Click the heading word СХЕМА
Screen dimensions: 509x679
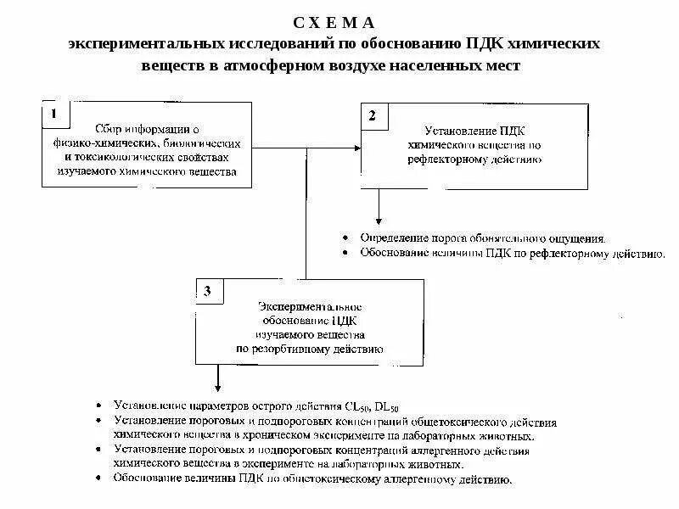(338, 22)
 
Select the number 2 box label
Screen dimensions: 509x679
(373, 115)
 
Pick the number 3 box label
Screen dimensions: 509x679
(209, 291)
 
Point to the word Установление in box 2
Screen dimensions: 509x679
(455, 131)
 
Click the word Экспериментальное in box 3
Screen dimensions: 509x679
(310, 305)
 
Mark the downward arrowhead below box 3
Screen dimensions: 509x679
(218, 384)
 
